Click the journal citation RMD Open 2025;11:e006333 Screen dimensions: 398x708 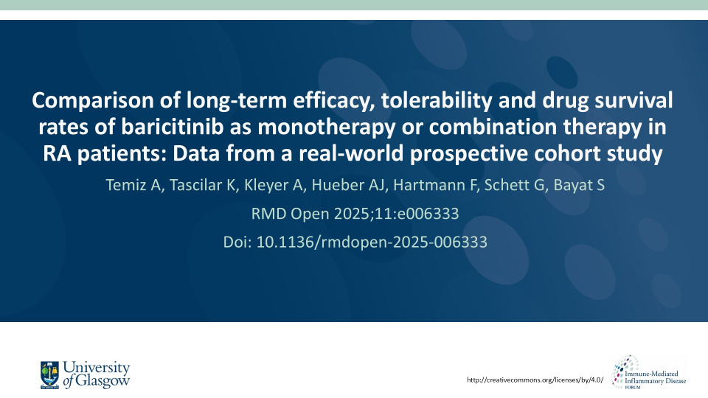tap(355, 214)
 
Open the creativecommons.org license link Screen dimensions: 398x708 tap(536, 380)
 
